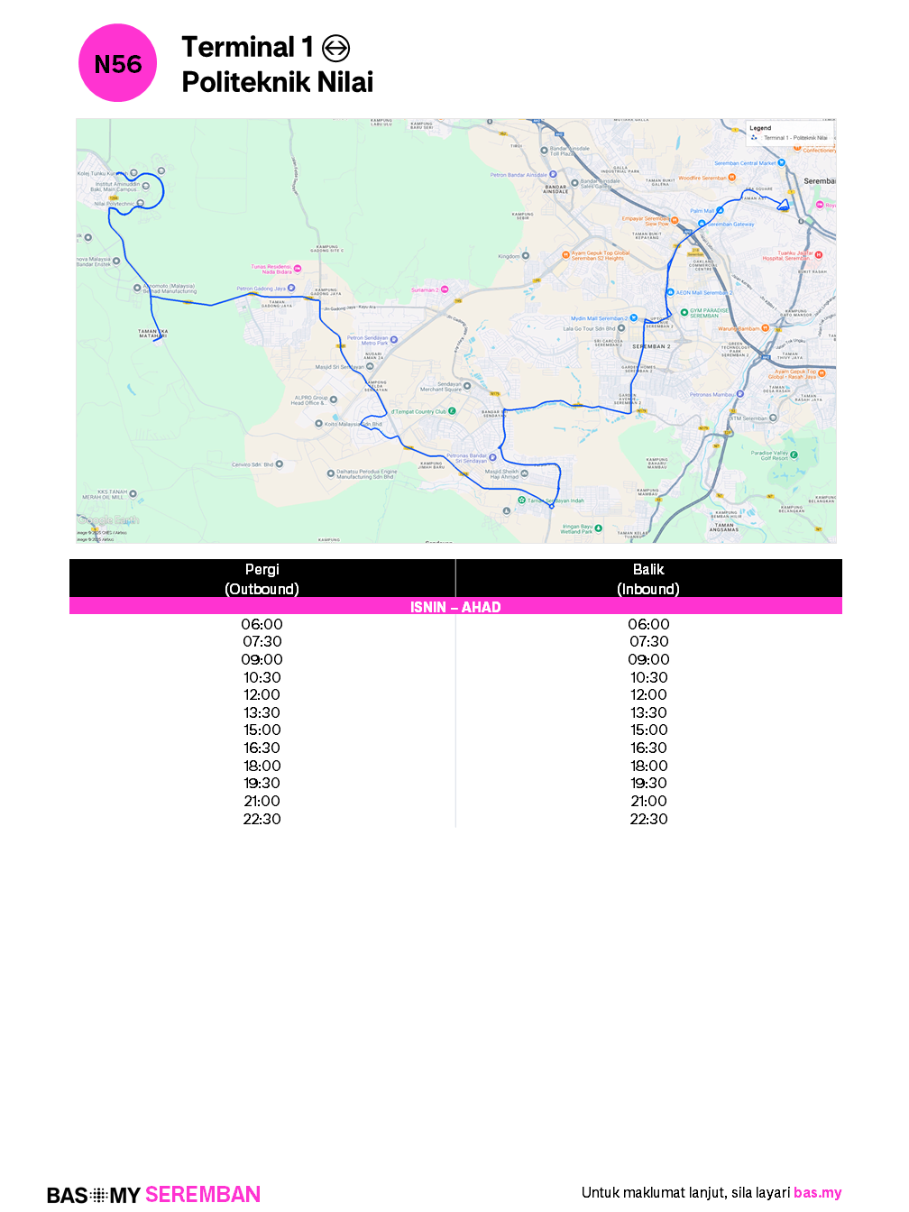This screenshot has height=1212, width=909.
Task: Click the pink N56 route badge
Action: pyautogui.click(x=118, y=63)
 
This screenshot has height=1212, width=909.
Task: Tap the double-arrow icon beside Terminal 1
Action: pyautogui.click(x=335, y=48)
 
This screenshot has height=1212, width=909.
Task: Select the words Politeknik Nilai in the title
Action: pyautogui.click(x=277, y=82)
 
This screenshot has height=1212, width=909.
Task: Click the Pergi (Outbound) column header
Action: pyautogui.click(x=262, y=579)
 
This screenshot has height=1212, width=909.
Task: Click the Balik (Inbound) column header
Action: pyautogui.click(x=648, y=579)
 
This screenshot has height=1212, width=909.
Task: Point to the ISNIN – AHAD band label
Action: pyautogui.click(x=455, y=607)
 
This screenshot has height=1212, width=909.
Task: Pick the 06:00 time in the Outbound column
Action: pyautogui.click(x=262, y=624)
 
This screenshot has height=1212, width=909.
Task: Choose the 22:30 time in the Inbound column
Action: pyautogui.click(x=648, y=819)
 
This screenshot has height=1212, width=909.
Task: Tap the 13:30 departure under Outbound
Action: pyautogui.click(x=262, y=712)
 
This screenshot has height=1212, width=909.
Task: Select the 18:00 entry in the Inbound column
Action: pyautogui.click(x=648, y=766)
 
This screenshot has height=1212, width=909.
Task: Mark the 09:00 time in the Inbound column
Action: pyautogui.click(x=648, y=659)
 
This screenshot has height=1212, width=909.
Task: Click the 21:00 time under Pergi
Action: pyautogui.click(x=262, y=801)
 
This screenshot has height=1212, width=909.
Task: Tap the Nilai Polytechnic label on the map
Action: pyautogui.click(x=115, y=204)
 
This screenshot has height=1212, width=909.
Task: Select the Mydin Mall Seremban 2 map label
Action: pyautogui.click(x=599, y=318)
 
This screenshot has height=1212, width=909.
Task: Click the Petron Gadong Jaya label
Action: pyautogui.click(x=261, y=289)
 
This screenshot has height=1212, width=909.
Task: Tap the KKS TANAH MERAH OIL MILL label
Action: pyautogui.click(x=106, y=494)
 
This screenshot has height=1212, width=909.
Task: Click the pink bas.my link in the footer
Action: pyautogui.click(x=817, y=1192)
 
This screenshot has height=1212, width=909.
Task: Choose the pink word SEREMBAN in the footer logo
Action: pyautogui.click(x=203, y=1195)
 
